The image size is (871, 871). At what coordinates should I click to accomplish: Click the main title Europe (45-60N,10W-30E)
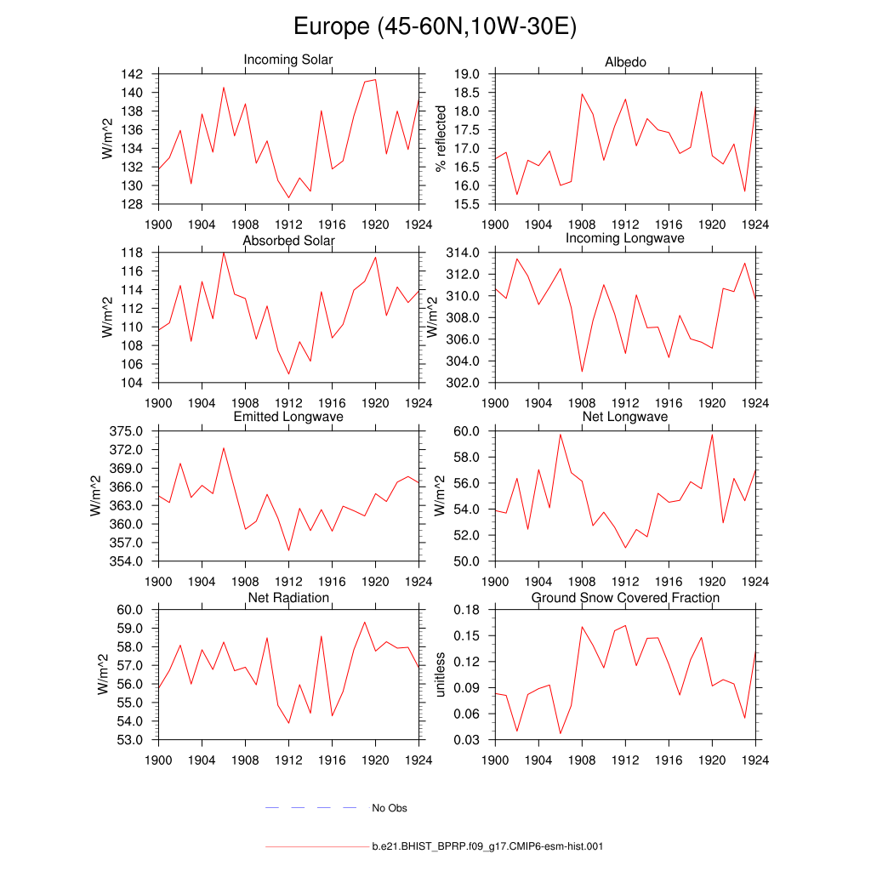point(435,27)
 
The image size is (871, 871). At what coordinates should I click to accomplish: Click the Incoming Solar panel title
point(288,60)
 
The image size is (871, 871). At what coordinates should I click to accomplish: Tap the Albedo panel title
point(625,62)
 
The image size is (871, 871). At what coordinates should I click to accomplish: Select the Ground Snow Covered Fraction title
point(625,598)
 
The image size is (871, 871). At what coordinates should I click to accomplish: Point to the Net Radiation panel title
point(288,598)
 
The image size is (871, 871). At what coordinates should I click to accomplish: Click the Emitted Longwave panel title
point(288,417)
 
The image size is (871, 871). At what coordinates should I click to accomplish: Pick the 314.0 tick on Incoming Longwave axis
point(464,253)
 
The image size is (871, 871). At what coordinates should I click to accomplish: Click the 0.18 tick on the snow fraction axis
point(468,610)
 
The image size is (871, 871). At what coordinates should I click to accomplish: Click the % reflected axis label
point(441,139)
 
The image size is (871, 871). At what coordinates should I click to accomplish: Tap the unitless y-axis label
point(441,675)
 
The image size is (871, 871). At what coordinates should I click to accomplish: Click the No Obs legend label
point(390,808)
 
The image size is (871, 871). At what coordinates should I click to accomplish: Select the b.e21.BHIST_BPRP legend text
point(487,847)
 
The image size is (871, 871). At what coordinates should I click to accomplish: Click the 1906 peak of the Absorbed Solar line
point(224,253)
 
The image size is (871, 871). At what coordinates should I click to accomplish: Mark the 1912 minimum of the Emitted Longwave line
point(288,550)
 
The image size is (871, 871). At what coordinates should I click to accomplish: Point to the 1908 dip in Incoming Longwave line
point(582,372)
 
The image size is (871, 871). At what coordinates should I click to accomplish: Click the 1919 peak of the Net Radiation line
point(365,622)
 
